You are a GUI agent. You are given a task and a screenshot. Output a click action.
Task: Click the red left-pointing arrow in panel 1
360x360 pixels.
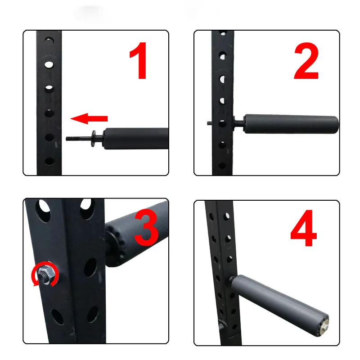click(x=89, y=119)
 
